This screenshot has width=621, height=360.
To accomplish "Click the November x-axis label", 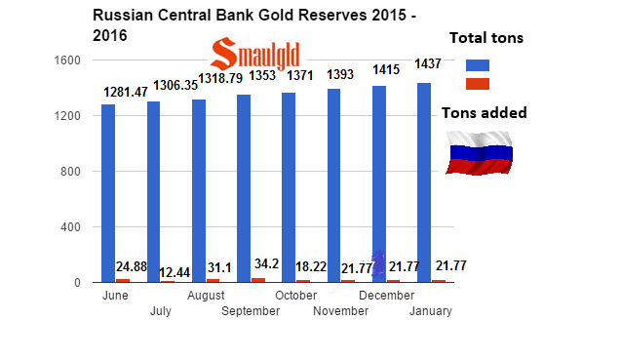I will tap(341, 311).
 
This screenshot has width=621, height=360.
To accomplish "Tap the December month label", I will tap(386, 296).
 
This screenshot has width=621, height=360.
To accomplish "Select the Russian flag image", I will tap(480, 152).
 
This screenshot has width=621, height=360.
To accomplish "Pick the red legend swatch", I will tap(480, 86).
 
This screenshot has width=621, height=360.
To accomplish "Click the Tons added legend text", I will tap(485, 113).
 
